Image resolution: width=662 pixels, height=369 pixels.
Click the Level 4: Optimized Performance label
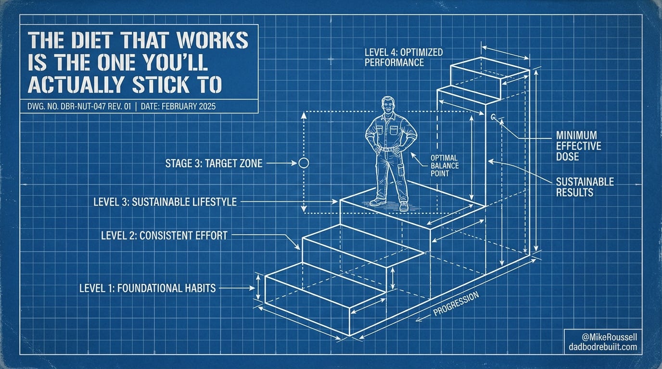[x=404, y=57]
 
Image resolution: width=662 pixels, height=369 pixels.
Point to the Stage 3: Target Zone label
[x=214, y=163]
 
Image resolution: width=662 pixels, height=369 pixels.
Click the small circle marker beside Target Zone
[x=304, y=163]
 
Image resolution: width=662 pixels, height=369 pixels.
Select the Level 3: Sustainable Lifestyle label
[x=165, y=202]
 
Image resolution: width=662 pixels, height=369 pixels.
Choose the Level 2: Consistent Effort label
[x=165, y=235]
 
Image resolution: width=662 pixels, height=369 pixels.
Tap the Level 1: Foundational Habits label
[x=148, y=288]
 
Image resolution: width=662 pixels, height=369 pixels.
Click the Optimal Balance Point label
[x=445, y=166]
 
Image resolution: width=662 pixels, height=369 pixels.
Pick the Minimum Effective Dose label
[x=579, y=146]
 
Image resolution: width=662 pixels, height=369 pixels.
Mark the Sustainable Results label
[x=585, y=187]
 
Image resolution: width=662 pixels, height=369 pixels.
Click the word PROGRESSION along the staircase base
[x=456, y=304]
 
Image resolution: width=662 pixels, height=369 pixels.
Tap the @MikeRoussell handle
[x=610, y=337]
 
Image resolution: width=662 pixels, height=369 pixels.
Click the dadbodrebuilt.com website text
[x=603, y=346]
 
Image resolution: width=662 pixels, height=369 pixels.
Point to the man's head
[x=388, y=105]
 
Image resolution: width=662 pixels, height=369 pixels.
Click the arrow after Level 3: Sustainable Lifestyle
[x=289, y=202]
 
